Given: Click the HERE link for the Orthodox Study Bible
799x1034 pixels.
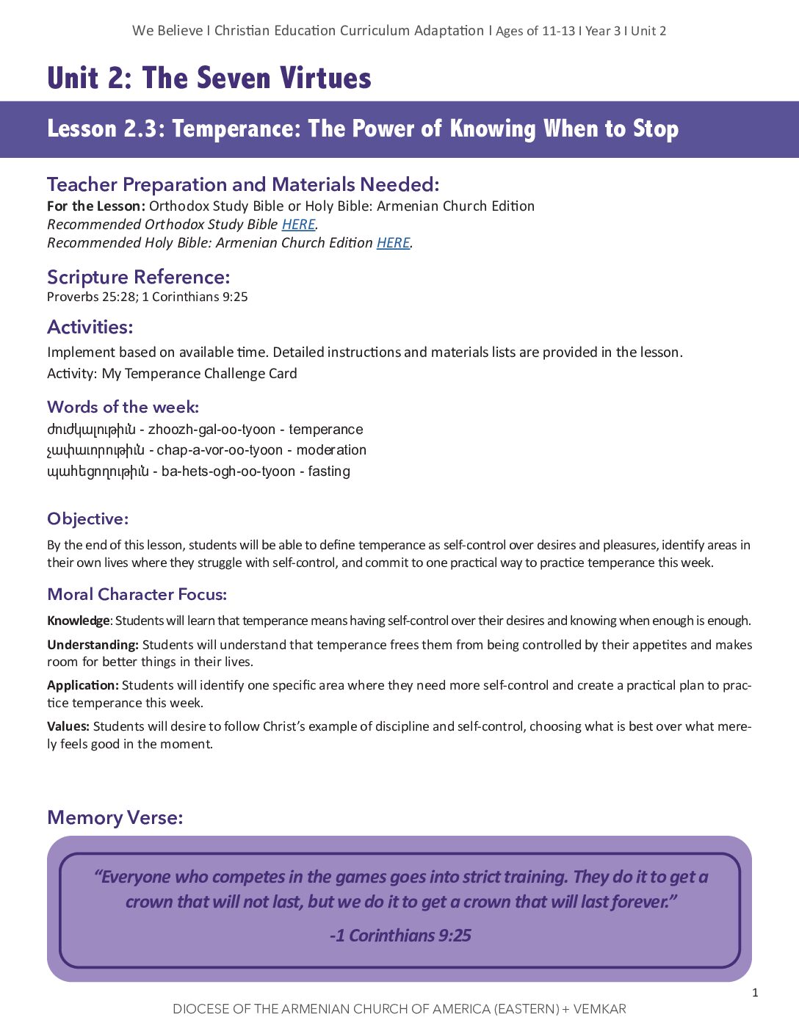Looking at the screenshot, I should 298,225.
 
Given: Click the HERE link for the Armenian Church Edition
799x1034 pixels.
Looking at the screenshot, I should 393,243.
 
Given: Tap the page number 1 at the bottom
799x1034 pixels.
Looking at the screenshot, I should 755,993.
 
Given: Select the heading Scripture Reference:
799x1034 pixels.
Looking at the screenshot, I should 138,277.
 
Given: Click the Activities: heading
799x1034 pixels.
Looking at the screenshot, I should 90,327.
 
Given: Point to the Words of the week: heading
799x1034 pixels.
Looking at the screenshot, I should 123,407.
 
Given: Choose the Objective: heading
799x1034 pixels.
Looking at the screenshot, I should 87,518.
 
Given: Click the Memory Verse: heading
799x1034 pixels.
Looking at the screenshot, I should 115,817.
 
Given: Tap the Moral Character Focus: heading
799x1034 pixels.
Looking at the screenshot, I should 137,594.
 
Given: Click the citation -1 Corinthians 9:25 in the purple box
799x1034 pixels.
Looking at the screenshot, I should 400,936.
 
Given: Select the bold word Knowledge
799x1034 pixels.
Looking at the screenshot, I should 78,621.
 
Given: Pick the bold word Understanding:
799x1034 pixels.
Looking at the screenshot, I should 93,645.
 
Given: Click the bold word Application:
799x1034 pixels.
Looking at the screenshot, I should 82,685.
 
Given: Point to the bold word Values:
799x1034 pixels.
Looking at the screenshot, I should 68,726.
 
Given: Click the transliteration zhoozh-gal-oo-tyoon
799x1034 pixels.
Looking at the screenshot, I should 211,430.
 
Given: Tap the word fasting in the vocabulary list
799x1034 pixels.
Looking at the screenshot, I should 329,471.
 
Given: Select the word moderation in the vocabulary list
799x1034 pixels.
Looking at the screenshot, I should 331,450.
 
